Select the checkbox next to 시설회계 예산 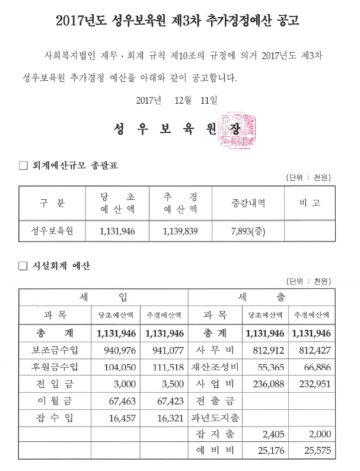(24, 266)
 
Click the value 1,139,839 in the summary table (180, 231)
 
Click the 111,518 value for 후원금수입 (164, 367)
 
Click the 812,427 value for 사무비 (310, 350)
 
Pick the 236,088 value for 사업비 (265, 384)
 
